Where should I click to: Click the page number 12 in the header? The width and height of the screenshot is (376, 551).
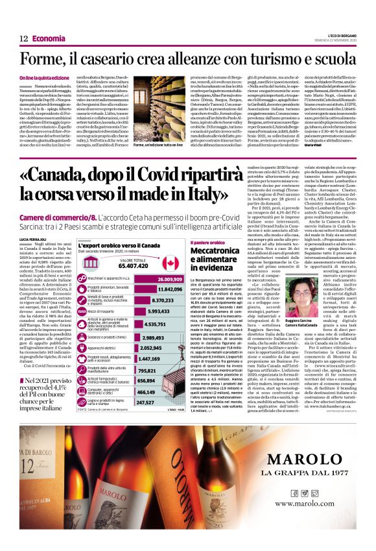tap(23, 38)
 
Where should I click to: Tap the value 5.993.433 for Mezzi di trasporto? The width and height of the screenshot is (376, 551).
tap(154, 312)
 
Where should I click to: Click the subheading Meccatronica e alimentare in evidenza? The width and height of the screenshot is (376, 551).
tap(206, 258)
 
